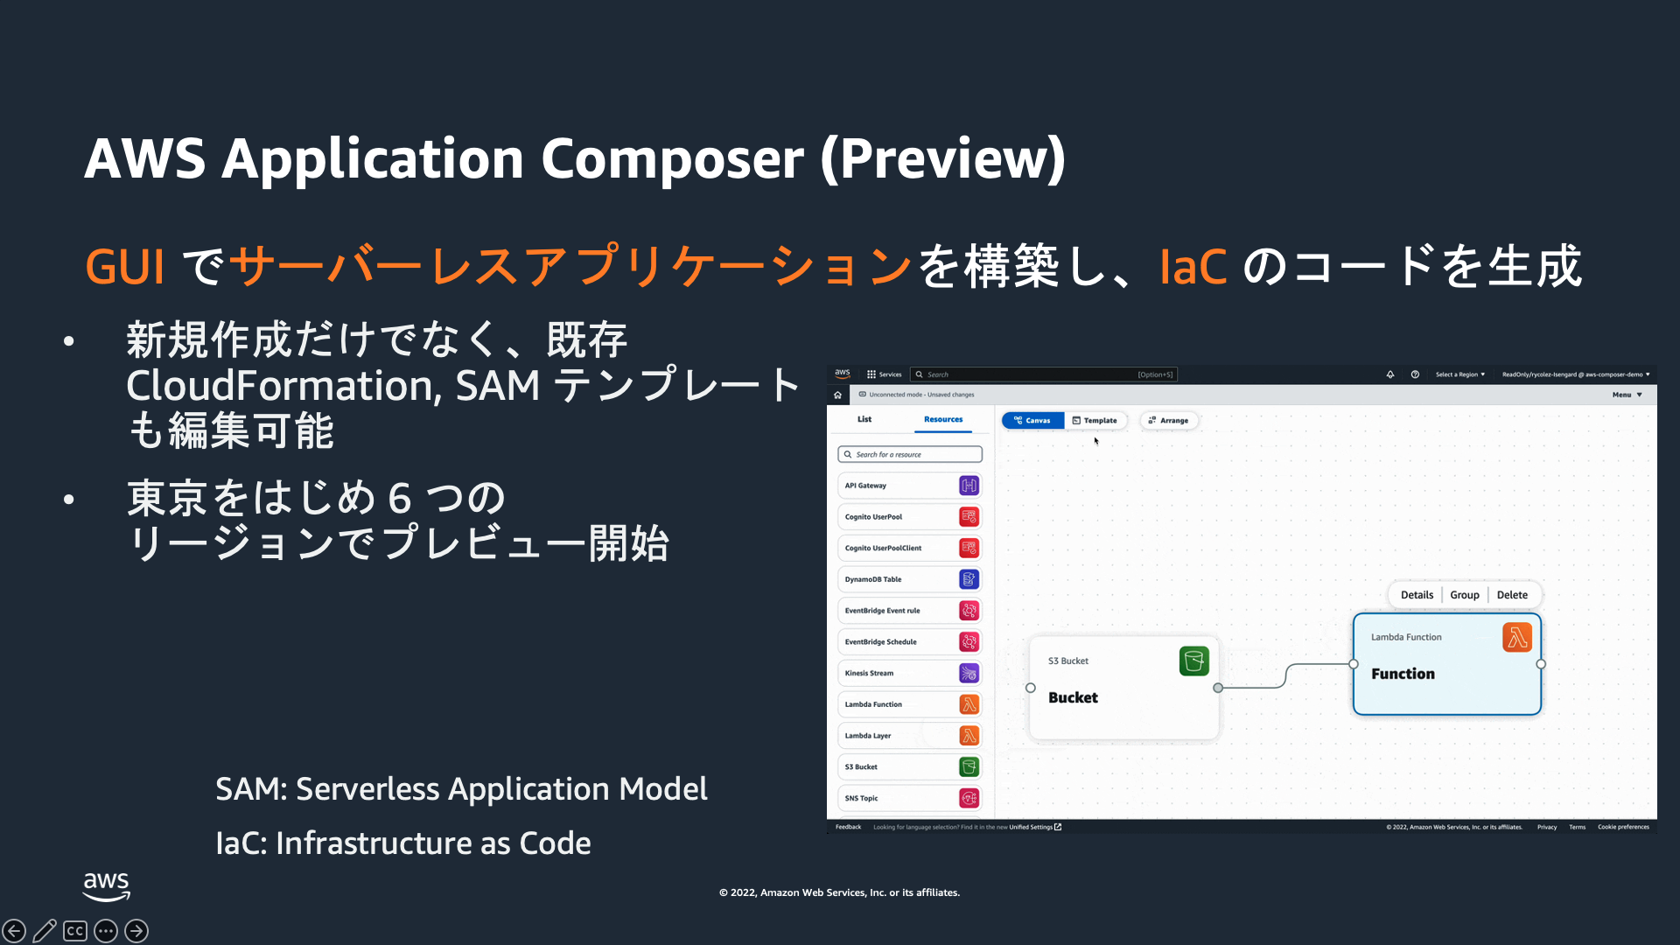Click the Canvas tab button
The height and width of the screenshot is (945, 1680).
click(x=1032, y=421)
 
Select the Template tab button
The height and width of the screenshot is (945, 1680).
click(x=1095, y=421)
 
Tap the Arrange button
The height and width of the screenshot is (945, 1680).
click(x=1169, y=421)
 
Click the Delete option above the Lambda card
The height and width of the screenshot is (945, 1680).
click(x=1512, y=595)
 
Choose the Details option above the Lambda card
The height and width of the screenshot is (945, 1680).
click(x=1417, y=595)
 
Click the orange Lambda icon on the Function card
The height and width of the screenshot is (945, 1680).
click(x=1517, y=637)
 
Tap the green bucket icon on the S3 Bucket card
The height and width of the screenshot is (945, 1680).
click(x=1193, y=661)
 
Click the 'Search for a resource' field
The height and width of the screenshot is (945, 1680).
click(x=910, y=455)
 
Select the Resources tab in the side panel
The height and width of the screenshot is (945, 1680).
click(x=943, y=420)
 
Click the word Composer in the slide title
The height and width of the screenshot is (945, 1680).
click(x=672, y=159)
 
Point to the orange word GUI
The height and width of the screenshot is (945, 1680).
click(x=124, y=267)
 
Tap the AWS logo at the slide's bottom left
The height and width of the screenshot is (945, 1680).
click(x=107, y=885)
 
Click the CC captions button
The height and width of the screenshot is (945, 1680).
click(x=75, y=931)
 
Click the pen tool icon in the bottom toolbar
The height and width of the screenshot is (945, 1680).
click(x=45, y=931)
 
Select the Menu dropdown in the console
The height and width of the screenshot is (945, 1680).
click(x=1627, y=395)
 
